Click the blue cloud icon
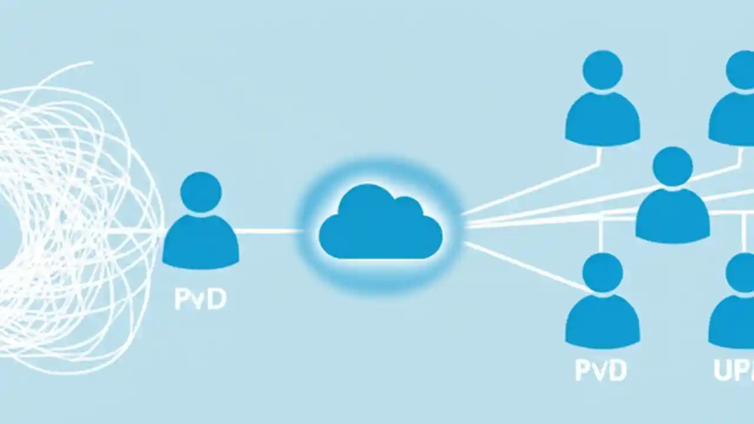point(381,224)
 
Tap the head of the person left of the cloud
point(201,193)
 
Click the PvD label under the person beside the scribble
point(200,299)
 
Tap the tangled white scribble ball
point(71,224)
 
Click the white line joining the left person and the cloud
point(268,231)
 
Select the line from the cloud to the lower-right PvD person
point(524,266)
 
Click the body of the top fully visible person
point(603,121)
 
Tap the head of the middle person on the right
point(673,167)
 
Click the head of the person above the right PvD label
point(603,273)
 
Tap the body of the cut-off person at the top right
point(733,121)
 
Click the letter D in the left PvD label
point(217,299)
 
